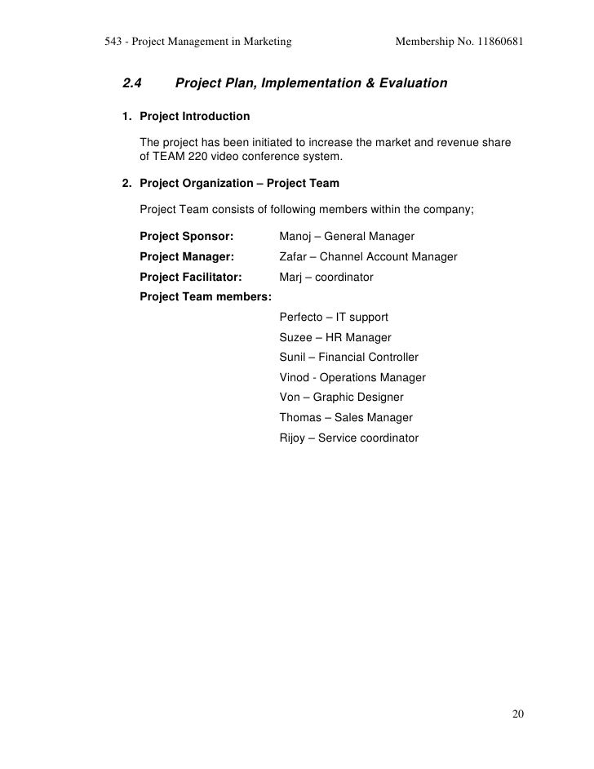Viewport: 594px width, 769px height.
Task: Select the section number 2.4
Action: click(132, 83)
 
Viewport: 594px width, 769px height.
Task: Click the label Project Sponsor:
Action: click(187, 237)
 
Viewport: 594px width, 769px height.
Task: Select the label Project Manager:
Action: click(187, 257)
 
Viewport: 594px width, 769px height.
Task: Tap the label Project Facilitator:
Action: click(191, 278)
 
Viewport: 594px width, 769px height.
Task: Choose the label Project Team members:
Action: click(206, 297)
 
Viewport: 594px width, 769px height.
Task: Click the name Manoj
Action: click(295, 237)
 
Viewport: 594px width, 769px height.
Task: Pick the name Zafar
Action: click(294, 257)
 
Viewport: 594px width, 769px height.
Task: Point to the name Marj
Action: click(290, 278)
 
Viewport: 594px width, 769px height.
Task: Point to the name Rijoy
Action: click(293, 438)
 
